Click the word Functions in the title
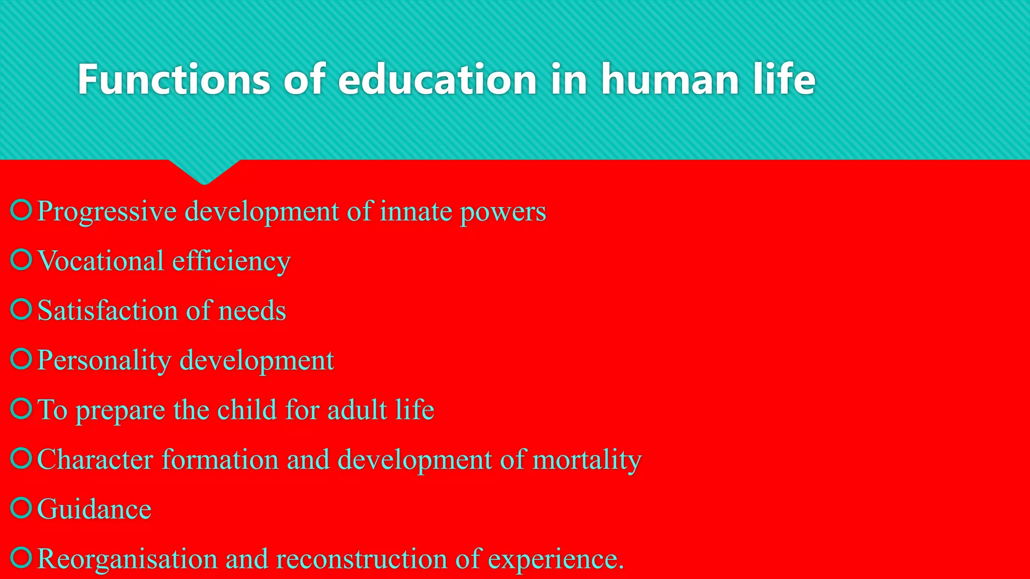(174, 79)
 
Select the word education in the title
(437, 79)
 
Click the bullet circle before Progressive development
(21, 210)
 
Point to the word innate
(416, 211)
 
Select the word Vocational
(101, 261)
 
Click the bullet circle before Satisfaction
(21, 309)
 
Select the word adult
(357, 410)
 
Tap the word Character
(95, 459)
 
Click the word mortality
(587, 459)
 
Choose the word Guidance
(94, 509)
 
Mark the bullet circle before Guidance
(21, 508)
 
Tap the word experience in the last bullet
(555, 559)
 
